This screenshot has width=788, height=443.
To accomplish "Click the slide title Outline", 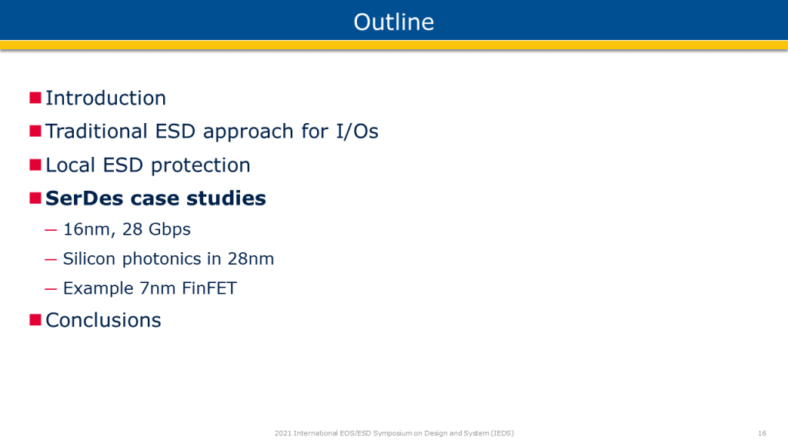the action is pos(393,22).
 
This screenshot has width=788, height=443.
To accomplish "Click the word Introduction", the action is pos(105,98).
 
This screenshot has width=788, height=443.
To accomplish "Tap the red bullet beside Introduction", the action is pos(35,98).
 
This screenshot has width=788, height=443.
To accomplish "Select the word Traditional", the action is pos(96,132).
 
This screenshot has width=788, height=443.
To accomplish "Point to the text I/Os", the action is pos(357,132).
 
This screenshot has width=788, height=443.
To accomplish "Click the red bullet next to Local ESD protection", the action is pos(35,165).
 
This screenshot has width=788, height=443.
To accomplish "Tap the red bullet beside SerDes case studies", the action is pos(35,198).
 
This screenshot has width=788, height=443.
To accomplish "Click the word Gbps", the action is pos(170,229).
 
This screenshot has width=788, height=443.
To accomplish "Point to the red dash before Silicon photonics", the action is pos(51,260).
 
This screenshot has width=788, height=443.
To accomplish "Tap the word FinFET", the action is pos(209,289).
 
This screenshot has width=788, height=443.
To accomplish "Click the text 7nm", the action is pos(158,289).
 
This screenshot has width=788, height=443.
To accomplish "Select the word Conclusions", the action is pos(104,321).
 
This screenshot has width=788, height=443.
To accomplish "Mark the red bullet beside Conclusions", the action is pos(35,320).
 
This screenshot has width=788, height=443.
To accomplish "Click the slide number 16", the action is pos(762,433).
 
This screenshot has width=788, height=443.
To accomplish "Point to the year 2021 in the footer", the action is pos(283,433).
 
